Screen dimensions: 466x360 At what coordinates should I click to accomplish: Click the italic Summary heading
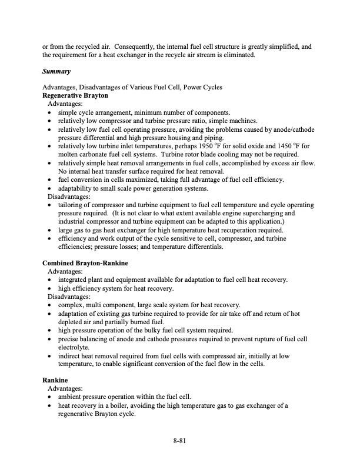coord(56,72)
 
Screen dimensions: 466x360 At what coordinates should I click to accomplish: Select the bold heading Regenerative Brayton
coord(75,95)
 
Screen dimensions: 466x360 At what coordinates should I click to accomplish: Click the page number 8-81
coord(180,440)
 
